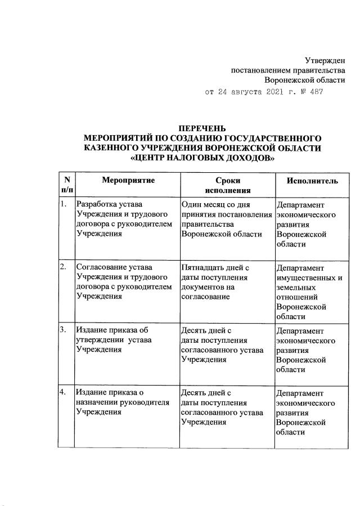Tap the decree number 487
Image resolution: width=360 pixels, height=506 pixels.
[x=316, y=91]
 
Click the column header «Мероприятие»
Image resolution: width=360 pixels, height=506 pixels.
[x=128, y=180]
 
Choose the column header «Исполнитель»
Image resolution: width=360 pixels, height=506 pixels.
[x=312, y=180]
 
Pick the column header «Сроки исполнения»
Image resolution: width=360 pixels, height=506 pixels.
[x=227, y=185]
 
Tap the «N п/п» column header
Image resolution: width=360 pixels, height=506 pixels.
[x=67, y=185]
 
